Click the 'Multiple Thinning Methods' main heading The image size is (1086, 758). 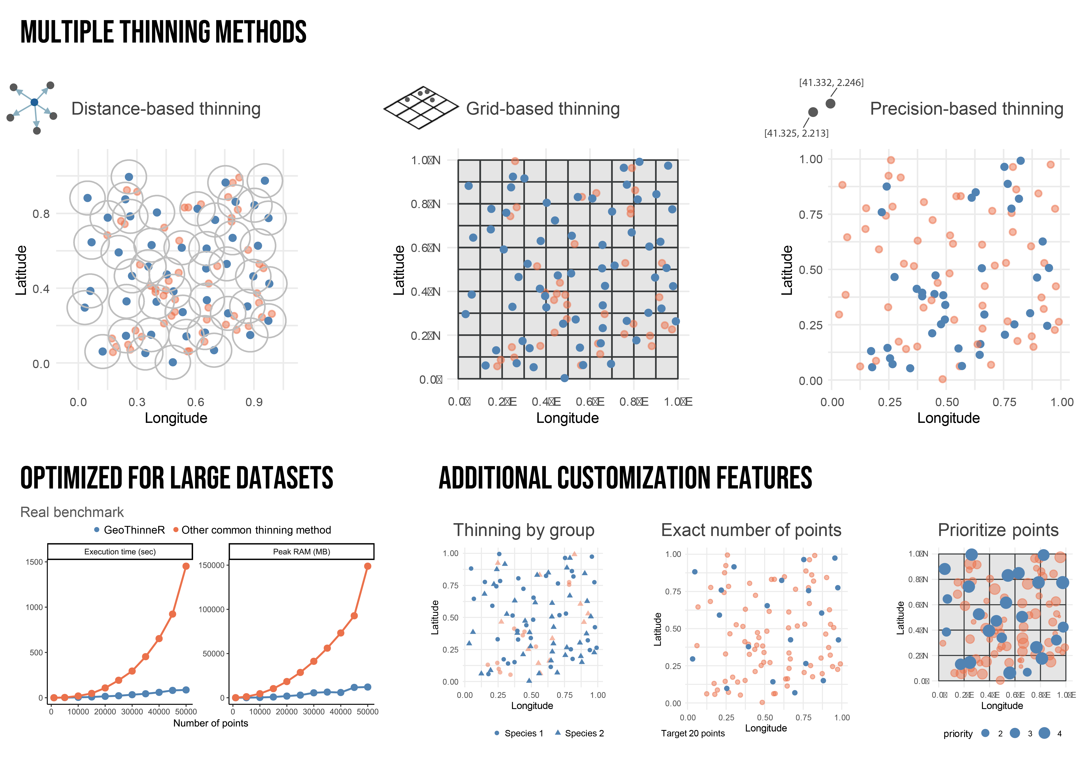pos(163,32)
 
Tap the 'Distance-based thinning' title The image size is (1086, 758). pos(165,109)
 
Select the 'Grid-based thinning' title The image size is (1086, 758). pos(542,109)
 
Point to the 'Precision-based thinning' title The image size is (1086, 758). pos(966,109)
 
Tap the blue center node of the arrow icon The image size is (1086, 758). pos(34,102)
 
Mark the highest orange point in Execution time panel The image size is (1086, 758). pos(186,566)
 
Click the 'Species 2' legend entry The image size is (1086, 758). pos(579,733)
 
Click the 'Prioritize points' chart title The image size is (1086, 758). pos(998,530)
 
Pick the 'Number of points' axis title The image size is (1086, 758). pos(210,723)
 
